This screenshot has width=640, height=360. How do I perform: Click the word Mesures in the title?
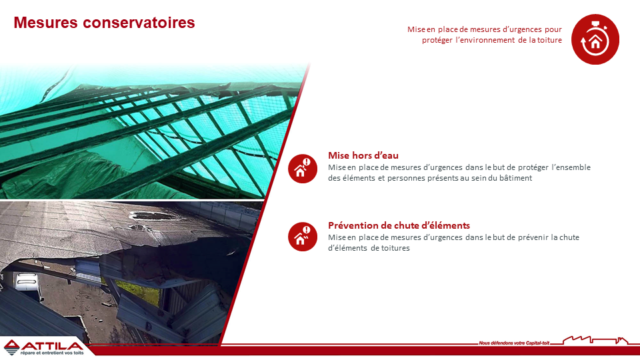[46, 23]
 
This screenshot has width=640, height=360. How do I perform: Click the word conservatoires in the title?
[139, 23]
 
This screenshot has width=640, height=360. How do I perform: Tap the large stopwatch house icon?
[595, 39]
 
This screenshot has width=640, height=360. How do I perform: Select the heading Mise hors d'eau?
[363, 155]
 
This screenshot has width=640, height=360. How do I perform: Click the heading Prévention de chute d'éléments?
[399, 225]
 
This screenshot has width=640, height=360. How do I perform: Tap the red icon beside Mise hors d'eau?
[303, 169]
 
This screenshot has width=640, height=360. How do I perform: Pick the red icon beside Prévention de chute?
[303, 237]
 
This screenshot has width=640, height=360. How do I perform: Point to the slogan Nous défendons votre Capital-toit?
[514, 343]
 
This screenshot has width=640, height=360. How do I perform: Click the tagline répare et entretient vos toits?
[52, 353]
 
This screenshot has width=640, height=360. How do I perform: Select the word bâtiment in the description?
[515, 178]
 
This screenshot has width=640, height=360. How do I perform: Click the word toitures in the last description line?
[395, 248]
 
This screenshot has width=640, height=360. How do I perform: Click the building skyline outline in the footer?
[595, 340]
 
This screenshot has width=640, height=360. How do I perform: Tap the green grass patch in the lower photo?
[139, 291]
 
